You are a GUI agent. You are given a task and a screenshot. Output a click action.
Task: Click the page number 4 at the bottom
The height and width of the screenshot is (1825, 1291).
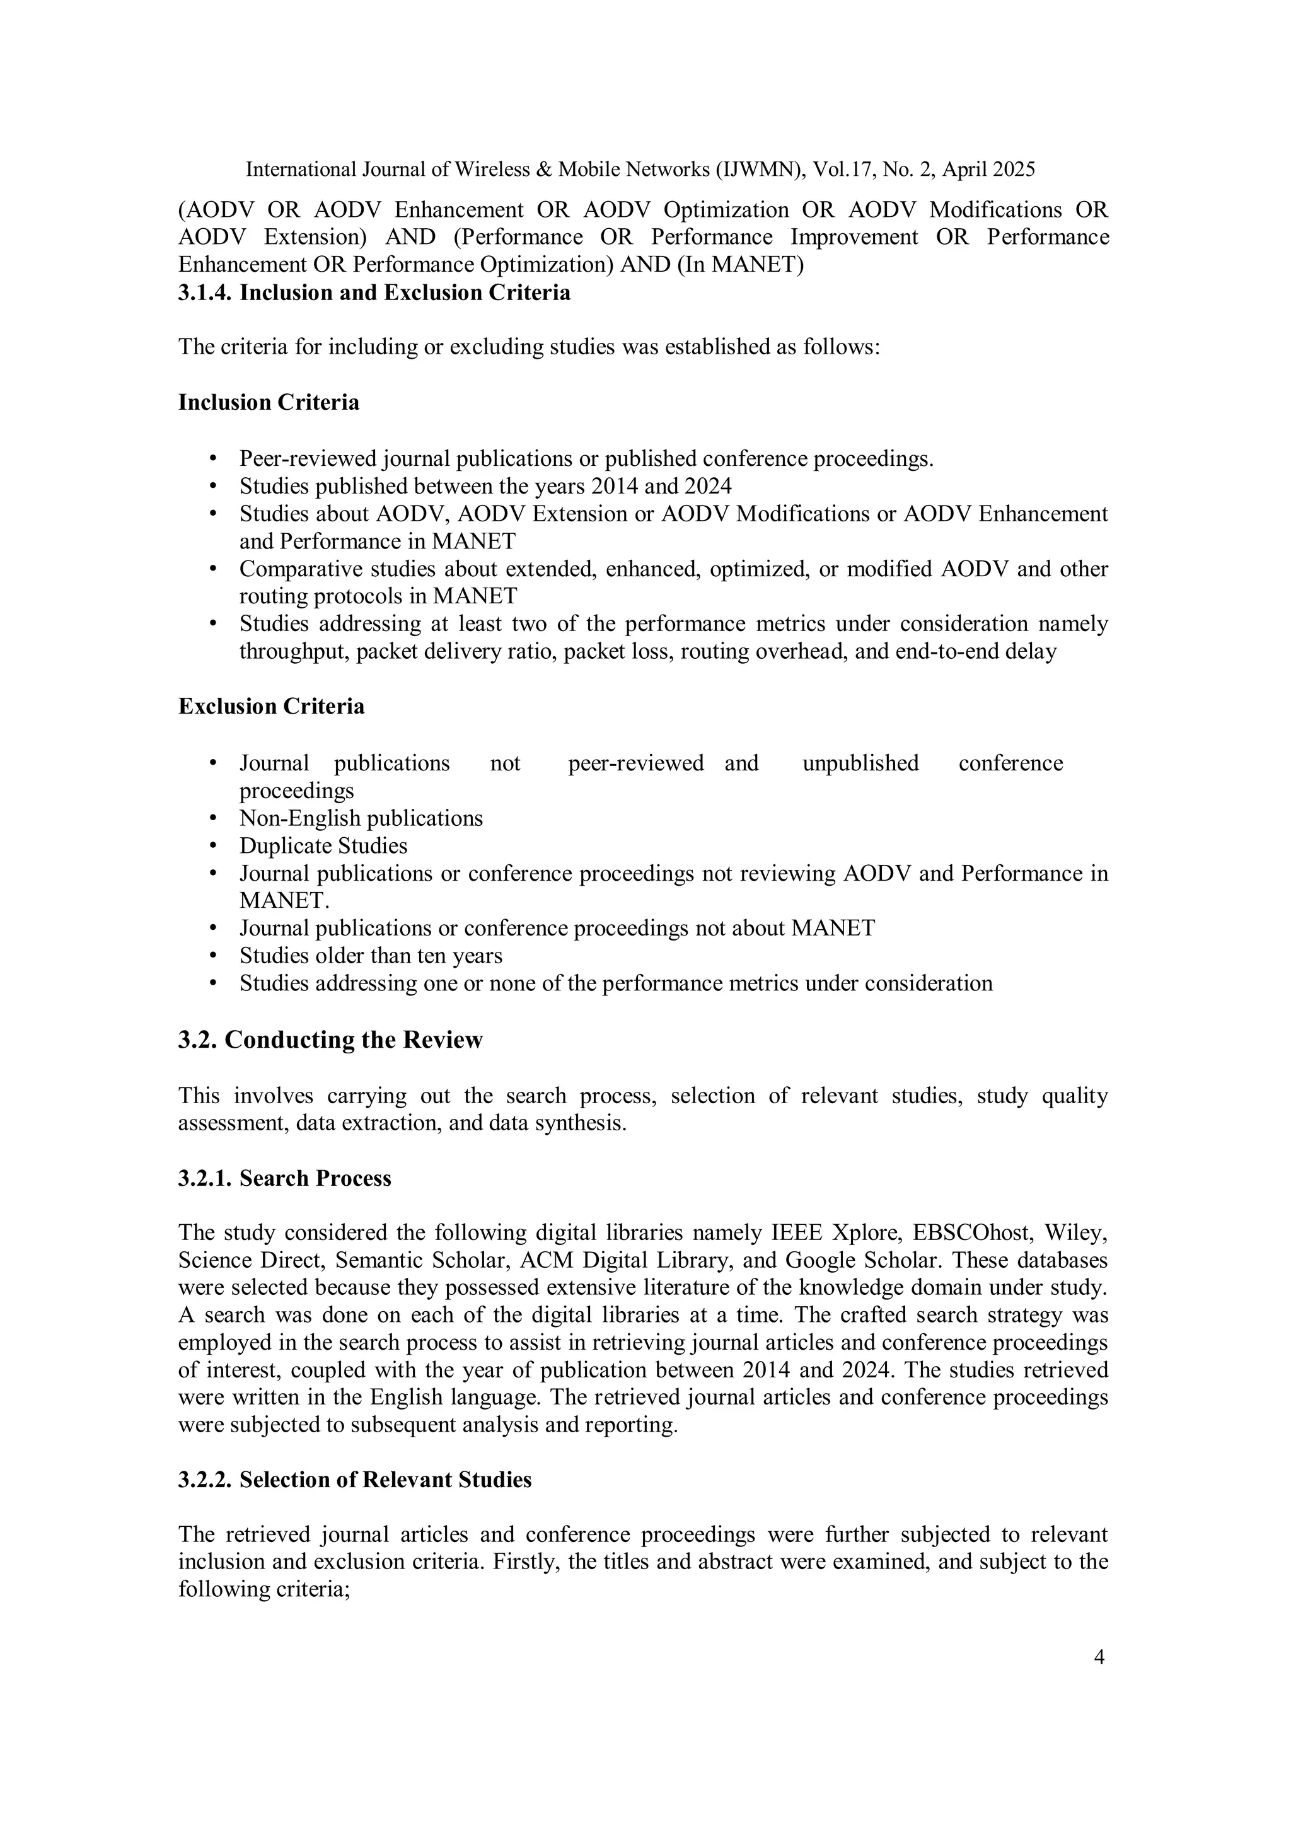point(1099,1657)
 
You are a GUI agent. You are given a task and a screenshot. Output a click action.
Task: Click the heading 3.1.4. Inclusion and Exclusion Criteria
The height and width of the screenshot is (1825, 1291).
point(374,293)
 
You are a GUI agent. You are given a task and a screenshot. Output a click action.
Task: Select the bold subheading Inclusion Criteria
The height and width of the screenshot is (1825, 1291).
point(269,402)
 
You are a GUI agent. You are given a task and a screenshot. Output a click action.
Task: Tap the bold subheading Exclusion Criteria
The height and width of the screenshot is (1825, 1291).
point(271,706)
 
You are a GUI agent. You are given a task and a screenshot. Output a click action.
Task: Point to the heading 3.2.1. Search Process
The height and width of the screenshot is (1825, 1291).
point(284,1178)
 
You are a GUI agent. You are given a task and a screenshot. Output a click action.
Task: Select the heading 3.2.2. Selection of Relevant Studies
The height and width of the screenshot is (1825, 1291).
point(354,1480)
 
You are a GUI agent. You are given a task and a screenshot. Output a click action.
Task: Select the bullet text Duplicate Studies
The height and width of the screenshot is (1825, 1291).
point(323,846)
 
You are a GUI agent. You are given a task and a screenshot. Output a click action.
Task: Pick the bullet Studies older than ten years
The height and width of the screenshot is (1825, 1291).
point(371,956)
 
